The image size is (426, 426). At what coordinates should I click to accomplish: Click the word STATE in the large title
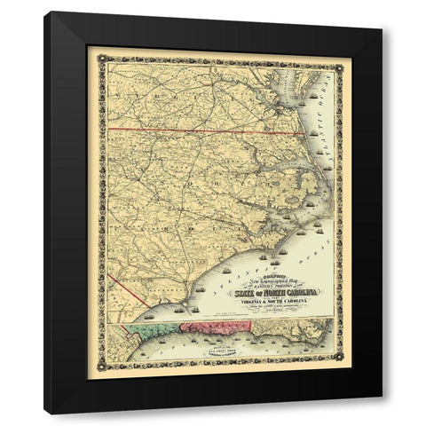tap(248, 289)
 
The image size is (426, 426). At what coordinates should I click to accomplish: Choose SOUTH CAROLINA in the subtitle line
tap(306, 301)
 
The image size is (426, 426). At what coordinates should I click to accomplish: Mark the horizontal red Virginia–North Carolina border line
tap(177, 132)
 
